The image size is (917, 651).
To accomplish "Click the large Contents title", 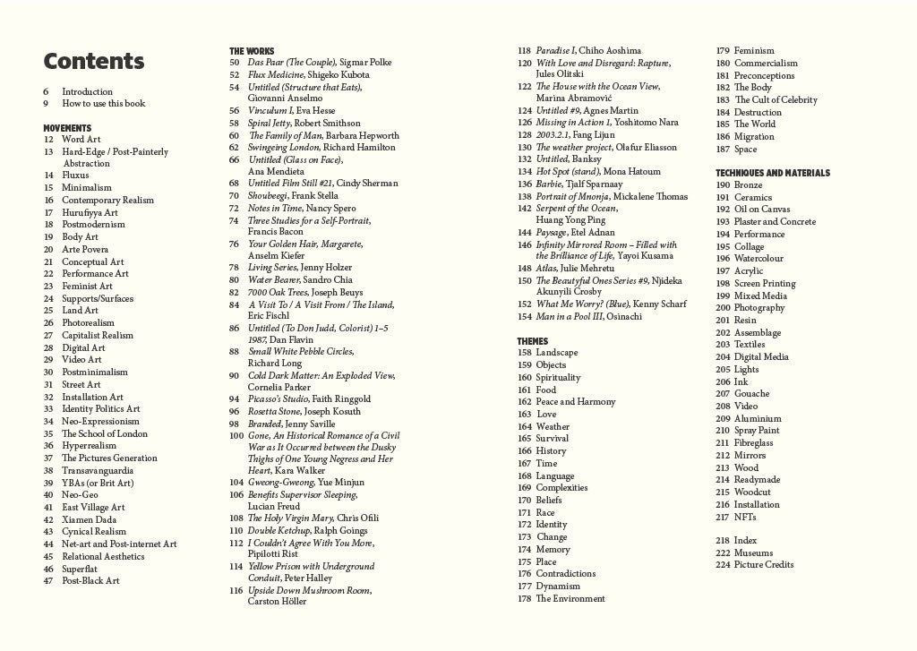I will [94, 62].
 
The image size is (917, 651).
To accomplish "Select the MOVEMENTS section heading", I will [67, 128].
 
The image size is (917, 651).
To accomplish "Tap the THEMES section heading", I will [533, 341].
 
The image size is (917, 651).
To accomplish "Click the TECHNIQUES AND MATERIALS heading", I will [773, 173].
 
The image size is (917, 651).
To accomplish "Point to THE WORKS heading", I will [252, 51].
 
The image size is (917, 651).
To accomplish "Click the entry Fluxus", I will [75, 176].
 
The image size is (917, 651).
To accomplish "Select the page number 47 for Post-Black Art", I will [49, 581].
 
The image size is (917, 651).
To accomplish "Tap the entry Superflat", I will [80, 569].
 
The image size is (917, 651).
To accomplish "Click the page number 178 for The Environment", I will [525, 599].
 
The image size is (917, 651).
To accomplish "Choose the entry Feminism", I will [754, 51].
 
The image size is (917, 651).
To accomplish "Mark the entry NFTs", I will [745, 517].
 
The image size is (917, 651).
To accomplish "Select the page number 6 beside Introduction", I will [46, 91].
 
